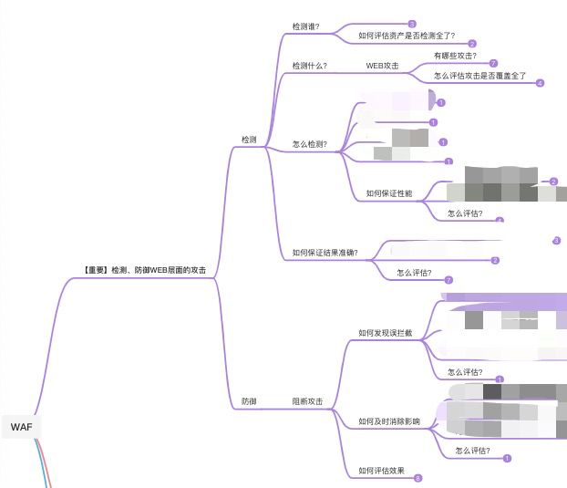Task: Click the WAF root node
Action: (x=21, y=426)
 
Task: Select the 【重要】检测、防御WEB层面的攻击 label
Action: (x=144, y=270)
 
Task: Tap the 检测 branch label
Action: (x=249, y=140)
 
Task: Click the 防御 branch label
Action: (x=249, y=401)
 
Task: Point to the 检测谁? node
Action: (x=305, y=26)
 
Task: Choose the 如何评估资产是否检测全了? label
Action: (x=407, y=36)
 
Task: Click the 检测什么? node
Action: (x=309, y=66)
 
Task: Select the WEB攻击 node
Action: (x=383, y=66)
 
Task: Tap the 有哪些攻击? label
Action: (x=455, y=56)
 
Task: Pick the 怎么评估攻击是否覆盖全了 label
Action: (x=480, y=76)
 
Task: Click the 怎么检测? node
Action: (x=309, y=144)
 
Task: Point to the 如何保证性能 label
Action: (x=389, y=193)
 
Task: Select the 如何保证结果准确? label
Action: (x=325, y=253)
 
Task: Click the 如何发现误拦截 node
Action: (x=386, y=333)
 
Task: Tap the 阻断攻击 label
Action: (x=307, y=401)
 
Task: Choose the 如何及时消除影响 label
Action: (x=389, y=421)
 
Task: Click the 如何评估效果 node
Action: (x=381, y=471)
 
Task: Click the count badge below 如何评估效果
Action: (x=418, y=478)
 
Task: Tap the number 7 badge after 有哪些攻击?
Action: (x=493, y=63)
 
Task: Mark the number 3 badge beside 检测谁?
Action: (x=412, y=25)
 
